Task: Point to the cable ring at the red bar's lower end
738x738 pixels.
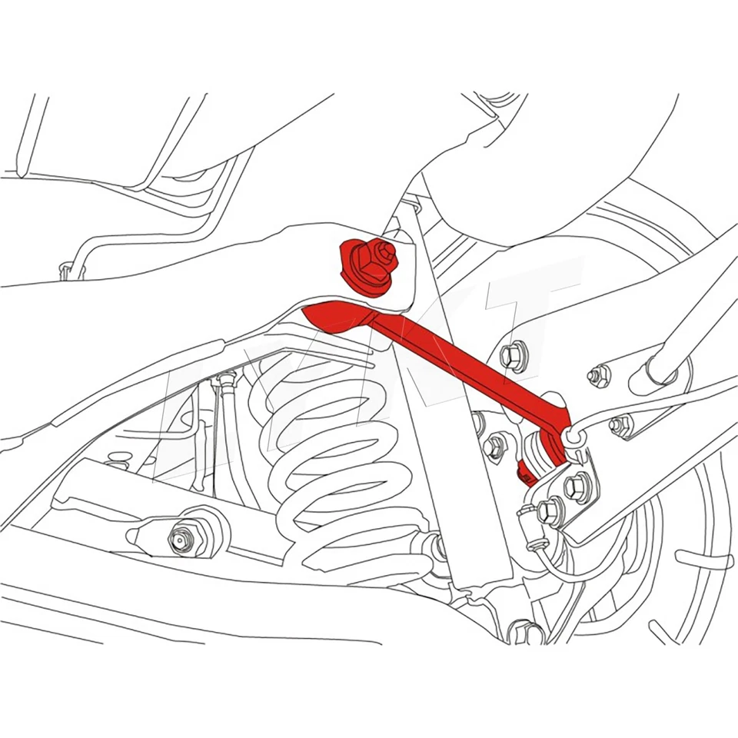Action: coord(570,437)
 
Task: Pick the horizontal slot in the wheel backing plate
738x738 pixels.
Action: coord(703,559)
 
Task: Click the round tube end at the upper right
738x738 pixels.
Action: coord(663,370)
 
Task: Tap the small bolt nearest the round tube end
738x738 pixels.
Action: coord(600,376)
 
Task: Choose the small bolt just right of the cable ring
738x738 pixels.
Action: coord(620,425)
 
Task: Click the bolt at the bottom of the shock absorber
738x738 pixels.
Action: coord(438,547)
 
